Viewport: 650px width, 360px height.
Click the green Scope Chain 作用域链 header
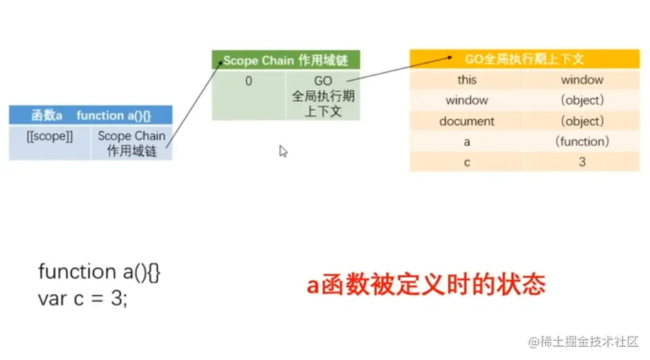pos(286,61)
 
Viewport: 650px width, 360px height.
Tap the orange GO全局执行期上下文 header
pos(525,59)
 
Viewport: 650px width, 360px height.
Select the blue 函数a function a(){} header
pos(90,115)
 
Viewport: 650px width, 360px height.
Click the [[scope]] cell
pos(50,136)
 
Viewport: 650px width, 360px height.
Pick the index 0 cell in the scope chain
pos(249,81)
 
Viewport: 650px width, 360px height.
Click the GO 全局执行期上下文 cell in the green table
pos(323,96)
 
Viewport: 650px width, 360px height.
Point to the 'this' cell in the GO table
pos(467,80)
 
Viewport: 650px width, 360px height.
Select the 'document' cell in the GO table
pos(467,121)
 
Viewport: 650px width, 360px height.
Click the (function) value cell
pos(582,142)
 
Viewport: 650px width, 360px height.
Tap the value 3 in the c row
pos(582,162)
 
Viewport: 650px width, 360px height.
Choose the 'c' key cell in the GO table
pos(467,162)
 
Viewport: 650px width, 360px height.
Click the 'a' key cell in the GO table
pos(467,142)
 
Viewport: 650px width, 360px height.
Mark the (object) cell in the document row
pos(582,121)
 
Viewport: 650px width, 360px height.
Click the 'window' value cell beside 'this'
pos(582,80)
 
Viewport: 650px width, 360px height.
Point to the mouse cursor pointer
pos(282,151)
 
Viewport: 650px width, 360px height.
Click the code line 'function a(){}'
pos(100,272)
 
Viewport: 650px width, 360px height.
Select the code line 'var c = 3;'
pos(83,299)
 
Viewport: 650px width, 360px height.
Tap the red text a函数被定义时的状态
pos(426,284)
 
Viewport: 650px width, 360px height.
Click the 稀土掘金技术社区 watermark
pos(584,341)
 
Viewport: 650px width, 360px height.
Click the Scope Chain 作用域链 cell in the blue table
pos(132,143)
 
